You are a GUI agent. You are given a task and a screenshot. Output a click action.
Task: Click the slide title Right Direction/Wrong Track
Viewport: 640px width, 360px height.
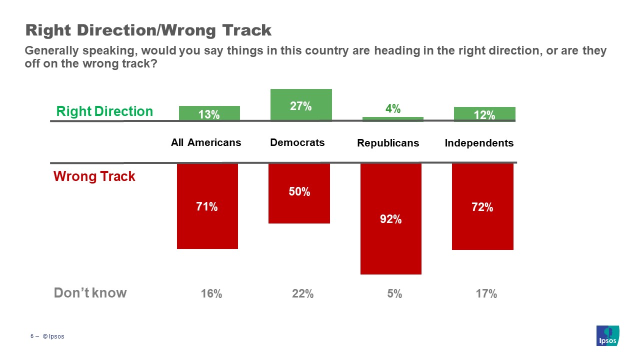pyautogui.click(x=148, y=30)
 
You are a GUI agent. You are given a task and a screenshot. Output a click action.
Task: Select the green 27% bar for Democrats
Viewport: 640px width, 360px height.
pyautogui.click(x=301, y=104)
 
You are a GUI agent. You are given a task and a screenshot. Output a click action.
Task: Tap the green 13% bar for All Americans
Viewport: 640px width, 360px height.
pyautogui.click(x=209, y=113)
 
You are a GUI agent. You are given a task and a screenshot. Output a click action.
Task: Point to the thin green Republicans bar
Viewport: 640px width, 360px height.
pyautogui.click(x=392, y=119)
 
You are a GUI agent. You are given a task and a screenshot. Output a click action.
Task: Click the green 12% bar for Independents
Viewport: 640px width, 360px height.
pyautogui.click(x=484, y=114)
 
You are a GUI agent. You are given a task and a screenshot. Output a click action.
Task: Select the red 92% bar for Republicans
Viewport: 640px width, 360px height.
pyautogui.click(x=390, y=218)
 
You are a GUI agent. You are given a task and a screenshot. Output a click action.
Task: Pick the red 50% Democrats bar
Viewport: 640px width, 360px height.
pyautogui.click(x=299, y=193)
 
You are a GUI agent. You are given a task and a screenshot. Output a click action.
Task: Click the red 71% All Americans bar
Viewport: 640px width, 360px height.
pyautogui.click(x=207, y=206)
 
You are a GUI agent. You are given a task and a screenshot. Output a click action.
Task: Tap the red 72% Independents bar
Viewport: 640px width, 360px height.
pyautogui.click(x=482, y=206)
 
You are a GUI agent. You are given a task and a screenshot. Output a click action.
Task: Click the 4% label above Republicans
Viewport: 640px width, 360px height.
pyautogui.click(x=392, y=108)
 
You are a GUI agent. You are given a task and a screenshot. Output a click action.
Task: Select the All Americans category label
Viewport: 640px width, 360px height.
pyautogui.click(x=206, y=142)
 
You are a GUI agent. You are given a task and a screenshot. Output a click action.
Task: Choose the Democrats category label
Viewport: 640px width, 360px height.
pyautogui.click(x=297, y=142)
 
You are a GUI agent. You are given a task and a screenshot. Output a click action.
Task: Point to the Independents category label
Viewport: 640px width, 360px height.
pyautogui.click(x=479, y=143)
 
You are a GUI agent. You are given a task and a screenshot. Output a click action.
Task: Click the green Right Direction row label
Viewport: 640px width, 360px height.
pyautogui.click(x=104, y=111)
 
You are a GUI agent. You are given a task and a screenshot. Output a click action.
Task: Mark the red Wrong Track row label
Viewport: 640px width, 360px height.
pyautogui.click(x=94, y=176)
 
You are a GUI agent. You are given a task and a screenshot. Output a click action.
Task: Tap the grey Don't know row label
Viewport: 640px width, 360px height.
pyautogui.click(x=90, y=293)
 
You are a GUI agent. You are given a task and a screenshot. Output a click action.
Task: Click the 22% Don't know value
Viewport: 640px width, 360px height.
pyautogui.click(x=302, y=294)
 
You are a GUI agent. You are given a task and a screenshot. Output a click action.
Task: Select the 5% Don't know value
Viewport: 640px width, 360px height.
pyautogui.click(x=394, y=294)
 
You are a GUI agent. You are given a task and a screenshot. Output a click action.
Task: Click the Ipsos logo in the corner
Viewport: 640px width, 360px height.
pyautogui.click(x=607, y=335)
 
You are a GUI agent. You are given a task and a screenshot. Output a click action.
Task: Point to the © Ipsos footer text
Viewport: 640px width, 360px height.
pyautogui.click(x=53, y=336)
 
